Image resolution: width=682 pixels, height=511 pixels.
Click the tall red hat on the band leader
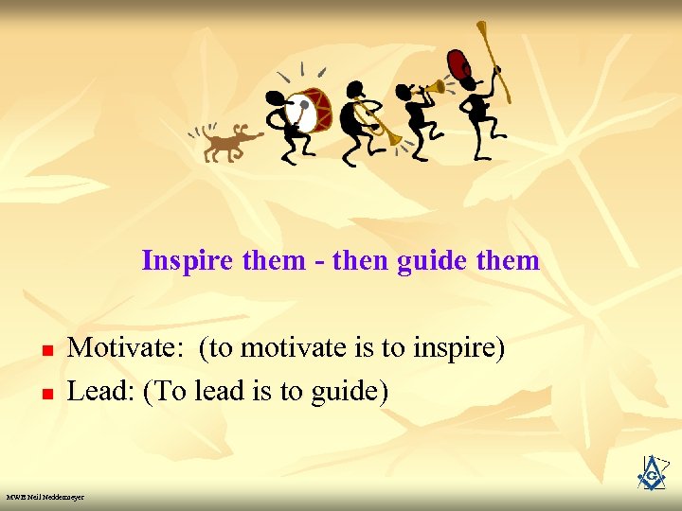point(461,66)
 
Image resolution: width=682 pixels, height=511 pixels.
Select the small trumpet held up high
point(431,89)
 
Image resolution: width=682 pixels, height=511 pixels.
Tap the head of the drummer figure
point(276,98)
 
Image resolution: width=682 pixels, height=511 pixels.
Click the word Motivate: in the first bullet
point(128,348)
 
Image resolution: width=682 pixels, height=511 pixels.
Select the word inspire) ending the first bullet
point(458,348)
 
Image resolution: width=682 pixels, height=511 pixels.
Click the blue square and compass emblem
point(652,473)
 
